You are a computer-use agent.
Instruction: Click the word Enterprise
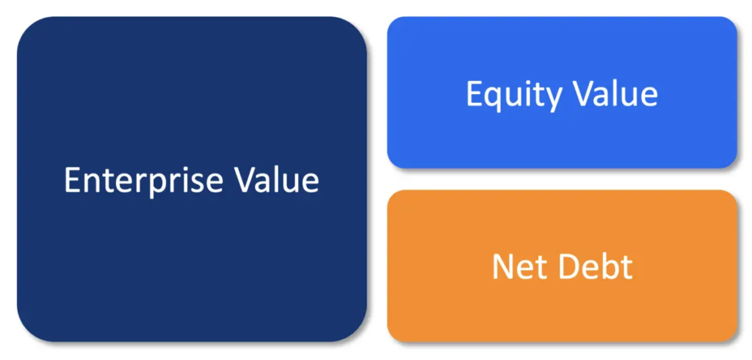click(x=143, y=181)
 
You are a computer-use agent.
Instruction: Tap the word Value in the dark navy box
click(x=277, y=180)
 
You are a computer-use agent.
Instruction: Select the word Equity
click(x=513, y=96)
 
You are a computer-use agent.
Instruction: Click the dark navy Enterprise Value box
click(x=192, y=179)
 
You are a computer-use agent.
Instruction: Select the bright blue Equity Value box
click(x=562, y=92)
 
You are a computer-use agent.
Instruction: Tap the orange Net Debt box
click(x=562, y=266)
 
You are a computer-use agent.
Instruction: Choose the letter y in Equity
click(x=552, y=100)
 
